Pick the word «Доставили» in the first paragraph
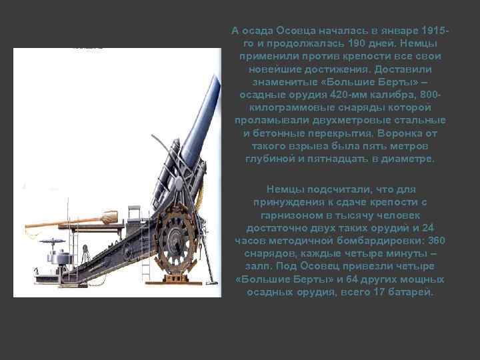(x=403, y=69)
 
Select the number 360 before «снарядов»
(x=435, y=240)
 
